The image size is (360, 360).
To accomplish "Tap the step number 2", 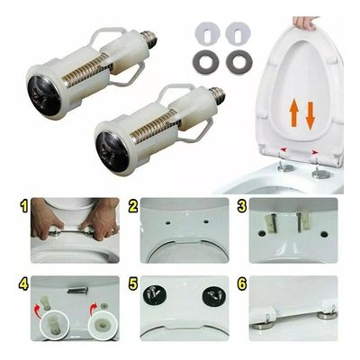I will coord(133,206).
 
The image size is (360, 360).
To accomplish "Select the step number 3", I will coord(241,206).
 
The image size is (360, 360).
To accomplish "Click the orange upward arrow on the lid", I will coord(294,115).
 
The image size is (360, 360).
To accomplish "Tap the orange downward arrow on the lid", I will coord(310,115).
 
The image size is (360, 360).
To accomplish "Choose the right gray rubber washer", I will coord(239,61).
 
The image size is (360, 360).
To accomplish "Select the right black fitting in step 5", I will coord(213,298).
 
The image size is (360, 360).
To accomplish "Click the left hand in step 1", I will coord(48,220).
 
